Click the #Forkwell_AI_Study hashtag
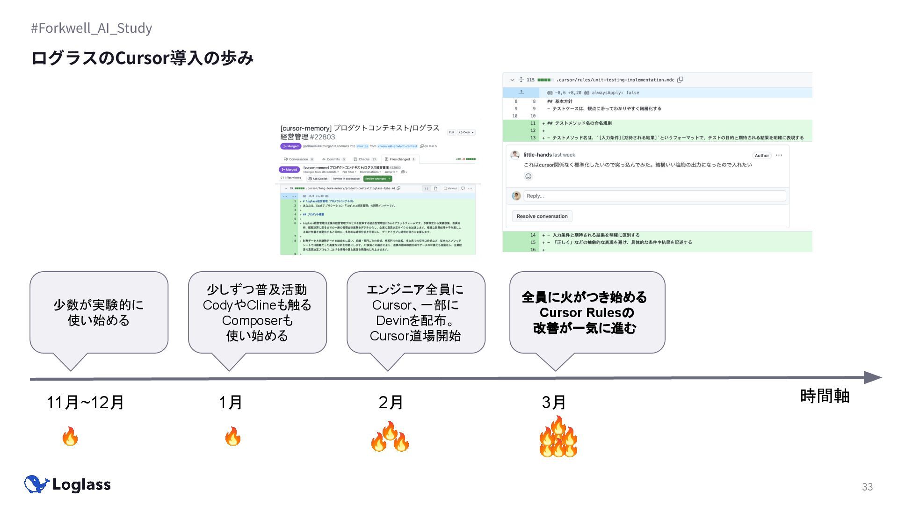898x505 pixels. [92, 28]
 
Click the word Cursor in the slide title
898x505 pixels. [142, 58]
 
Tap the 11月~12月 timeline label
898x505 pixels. [85, 402]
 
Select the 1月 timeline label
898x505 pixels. [230, 402]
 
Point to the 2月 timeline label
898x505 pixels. [391, 402]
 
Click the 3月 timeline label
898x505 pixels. [554, 402]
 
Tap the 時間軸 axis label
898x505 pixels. [825, 396]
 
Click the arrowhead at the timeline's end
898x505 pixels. [872, 377]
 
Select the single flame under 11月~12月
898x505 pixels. [70, 436]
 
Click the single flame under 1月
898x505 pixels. [232, 436]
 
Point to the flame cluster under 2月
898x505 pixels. [390, 437]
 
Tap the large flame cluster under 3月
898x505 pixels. [558, 438]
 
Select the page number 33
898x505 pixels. [867, 487]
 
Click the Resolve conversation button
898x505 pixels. [542, 216]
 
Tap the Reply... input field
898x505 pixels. [654, 196]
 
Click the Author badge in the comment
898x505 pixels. [761, 156]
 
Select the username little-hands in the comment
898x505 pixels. [537, 155]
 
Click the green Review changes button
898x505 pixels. [377, 179]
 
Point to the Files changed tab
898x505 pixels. [400, 159]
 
